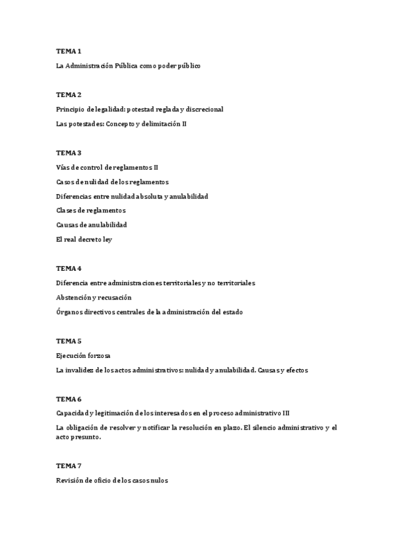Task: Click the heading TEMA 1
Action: point(68,50)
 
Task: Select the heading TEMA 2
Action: point(68,94)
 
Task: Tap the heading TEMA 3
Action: point(68,153)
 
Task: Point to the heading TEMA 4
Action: point(68,268)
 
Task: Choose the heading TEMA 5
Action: point(68,341)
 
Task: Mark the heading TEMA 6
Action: point(68,399)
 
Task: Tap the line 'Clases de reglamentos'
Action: point(91,210)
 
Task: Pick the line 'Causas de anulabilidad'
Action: point(91,225)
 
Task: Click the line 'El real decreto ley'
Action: point(84,239)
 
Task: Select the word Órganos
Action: point(70,312)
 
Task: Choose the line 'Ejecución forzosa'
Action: point(83,355)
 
